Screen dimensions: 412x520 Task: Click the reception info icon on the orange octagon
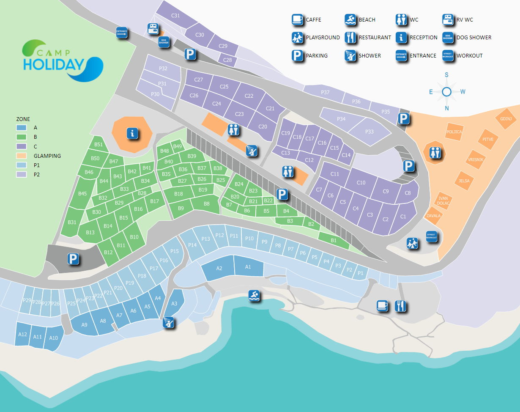[x=133, y=134]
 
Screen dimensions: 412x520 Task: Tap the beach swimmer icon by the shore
[x=254, y=296]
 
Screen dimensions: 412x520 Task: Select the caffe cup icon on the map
[x=382, y=305]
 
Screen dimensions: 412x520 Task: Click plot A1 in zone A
[x=248, y=267]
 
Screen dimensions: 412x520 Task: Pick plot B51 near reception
[x=98, y=145]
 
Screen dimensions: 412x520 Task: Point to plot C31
[x=175, y=16]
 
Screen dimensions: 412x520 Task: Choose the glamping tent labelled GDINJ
[x=506, y=119]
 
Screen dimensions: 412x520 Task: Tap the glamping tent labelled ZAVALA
[x=434, y=215]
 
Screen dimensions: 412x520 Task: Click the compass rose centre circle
[x=447, y=92]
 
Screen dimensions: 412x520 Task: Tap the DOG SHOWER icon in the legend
[x=448, y=37]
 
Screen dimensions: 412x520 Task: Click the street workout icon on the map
[x=431, y=237]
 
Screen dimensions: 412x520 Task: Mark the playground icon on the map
[x=413, y=243]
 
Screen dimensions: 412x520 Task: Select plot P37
[x=325, y=92]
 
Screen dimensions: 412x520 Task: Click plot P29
[x=27, y=301]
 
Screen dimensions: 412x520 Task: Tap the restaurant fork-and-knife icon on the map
[x=400, y=305]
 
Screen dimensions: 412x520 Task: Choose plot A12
[x=23, y=334]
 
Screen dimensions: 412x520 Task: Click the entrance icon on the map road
[x=122, y=33]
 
